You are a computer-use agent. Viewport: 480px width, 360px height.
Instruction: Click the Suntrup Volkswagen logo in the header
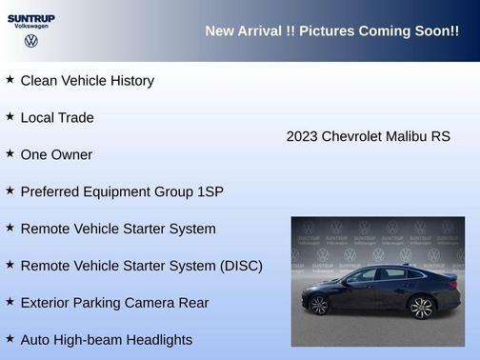[x=31, y=30]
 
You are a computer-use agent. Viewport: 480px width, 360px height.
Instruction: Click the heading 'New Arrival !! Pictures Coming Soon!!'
[x=331, y=31]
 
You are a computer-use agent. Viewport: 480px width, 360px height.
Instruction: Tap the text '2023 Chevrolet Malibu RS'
[x=368, y=136]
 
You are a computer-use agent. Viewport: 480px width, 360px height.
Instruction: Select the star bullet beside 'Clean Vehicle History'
[x=10, y=80]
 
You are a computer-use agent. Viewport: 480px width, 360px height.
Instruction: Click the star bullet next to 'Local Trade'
[x=10, y=116]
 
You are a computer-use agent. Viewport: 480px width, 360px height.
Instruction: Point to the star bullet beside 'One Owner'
[x=10, y=153]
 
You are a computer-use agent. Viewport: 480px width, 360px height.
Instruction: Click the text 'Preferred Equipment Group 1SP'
[x=122, y=191]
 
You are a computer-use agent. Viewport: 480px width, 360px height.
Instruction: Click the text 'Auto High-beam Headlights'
[x=106, y=340]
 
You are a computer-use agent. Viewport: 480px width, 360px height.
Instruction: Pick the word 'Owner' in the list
[x=71, y=154]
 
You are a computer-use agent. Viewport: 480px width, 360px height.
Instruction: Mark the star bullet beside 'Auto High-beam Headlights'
[x=10, y=338]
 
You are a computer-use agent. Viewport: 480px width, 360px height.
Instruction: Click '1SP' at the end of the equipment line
[x=210, y=191]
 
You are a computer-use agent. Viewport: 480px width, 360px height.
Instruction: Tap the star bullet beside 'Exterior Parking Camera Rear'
[x=10, y=302]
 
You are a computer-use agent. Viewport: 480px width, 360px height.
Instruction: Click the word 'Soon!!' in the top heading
[x=433, y=31]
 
